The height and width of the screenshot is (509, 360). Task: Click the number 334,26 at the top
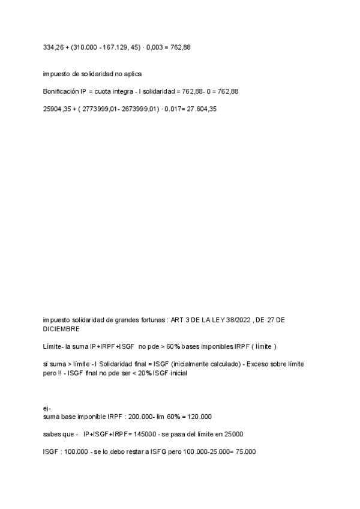52,47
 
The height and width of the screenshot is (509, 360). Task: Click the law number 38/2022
237,321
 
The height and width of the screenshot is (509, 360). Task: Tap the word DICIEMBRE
61,329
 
